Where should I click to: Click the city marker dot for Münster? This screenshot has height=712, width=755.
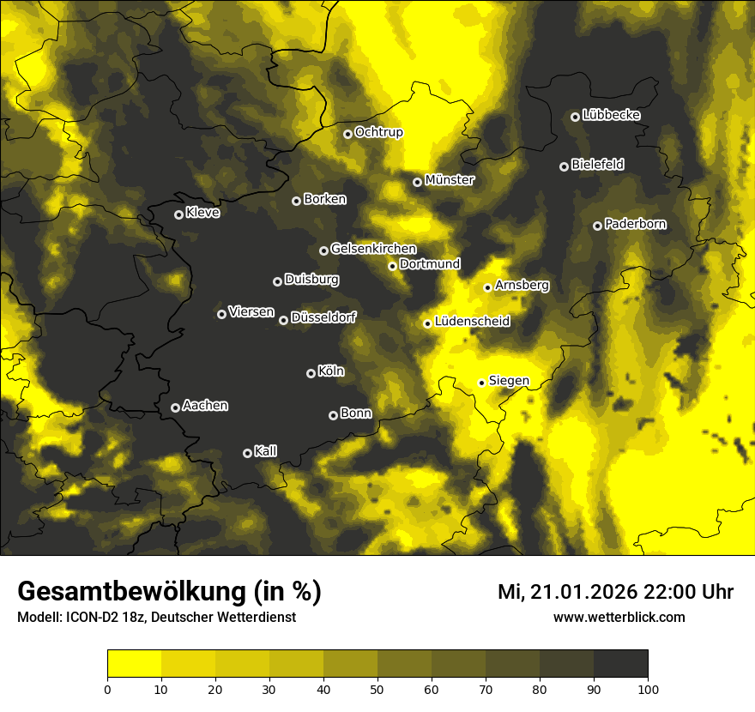point(417,182)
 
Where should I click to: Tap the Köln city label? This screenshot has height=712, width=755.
point(330,371)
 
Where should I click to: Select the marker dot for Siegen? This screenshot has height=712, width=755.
point(481,383)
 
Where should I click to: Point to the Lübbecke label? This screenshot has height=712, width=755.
point(611,115)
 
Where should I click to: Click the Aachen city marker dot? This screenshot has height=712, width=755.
point(175,407)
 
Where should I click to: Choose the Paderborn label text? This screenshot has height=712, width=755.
point(635,224)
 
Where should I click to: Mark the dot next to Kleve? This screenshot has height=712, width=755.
point(178,214)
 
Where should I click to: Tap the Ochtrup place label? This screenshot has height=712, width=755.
point(378,132)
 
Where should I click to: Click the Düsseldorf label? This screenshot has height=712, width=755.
point(323,317)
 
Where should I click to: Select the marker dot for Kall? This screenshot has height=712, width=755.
point(247,453)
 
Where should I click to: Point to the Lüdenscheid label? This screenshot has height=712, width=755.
point(472,321)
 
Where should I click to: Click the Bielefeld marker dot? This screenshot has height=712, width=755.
point(564,166)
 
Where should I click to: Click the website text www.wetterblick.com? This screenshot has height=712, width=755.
point(619,617)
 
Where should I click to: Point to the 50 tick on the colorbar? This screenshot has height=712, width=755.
point(377,688)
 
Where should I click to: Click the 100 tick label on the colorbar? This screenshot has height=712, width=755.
point(648,688)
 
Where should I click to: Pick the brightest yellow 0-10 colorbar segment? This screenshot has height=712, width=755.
point(134,663)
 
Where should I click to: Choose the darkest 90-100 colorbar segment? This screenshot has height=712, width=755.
point(620,663)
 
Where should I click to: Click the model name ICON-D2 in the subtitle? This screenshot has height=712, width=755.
point(88,618)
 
